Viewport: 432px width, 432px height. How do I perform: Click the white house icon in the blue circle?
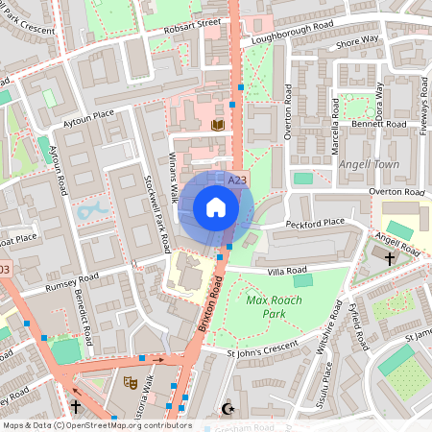216,207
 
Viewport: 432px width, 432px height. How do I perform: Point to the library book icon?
217,125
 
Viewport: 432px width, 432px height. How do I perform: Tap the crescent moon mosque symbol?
228,409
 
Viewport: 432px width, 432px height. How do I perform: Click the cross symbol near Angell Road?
390,258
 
